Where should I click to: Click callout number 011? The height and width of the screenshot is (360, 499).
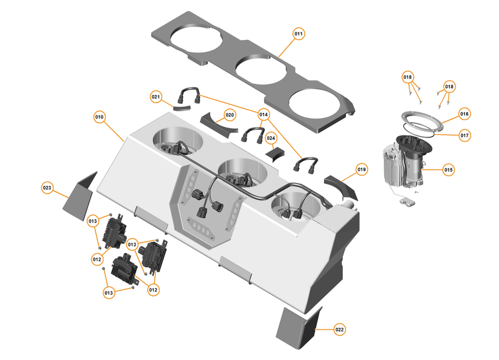pyautogui.click(x=298, y=33)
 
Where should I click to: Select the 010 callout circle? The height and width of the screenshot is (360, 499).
pyautogui.click(x=99, y=117)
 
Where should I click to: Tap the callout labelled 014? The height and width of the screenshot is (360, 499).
pyautogui.click(x=263, y=115)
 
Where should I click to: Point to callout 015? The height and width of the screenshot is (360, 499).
pyautogui.click(x=449, y=170)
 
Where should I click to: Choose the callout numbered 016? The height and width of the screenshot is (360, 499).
pyautogui.click(x=464, y=114)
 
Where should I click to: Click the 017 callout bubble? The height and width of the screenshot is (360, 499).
pyautogui.click(x=465, y=135)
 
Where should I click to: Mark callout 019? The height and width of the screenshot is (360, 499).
pyautogui.click(x=362, y=170)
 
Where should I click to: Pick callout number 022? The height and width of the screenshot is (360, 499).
pyautogui.click(x=340, y=329)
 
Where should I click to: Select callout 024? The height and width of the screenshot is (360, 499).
pyautogui.click(x=271, y=138)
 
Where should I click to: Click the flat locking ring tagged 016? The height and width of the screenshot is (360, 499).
pyautogui.click(x=421, y=120)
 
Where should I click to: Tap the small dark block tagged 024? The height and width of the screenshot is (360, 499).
pyautogui.click(x=276, y=155)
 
